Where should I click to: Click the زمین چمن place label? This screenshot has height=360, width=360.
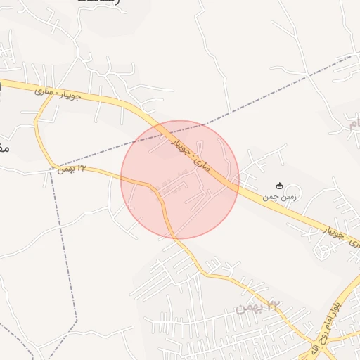pyautogui.click(x=280, y=198)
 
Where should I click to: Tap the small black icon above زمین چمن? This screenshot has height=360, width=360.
pyautogui.click(x=280, y=186)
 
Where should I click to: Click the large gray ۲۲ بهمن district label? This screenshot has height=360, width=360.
pyautogui.click(x=258, y=306)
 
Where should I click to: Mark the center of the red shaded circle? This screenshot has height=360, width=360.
pyautogui.click(x=180, y=179)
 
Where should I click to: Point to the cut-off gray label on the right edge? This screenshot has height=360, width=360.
pyautogui.click(x=354, y=125)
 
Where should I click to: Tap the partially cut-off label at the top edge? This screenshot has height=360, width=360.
pyautogui.click(x=98, y=3)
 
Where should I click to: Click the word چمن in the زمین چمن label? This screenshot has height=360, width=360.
pyautogui.click(x=271, y=198)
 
